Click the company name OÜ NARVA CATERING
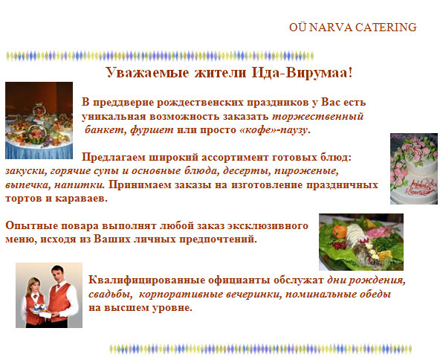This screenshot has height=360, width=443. [352, 28]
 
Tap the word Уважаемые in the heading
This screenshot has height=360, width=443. [147, 73]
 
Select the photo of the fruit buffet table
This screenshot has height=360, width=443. [39, 120]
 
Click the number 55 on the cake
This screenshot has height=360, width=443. [414, 152]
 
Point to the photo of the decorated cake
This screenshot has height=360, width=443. [414, 169]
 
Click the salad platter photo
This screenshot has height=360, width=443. [361, 242]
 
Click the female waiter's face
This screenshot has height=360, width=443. [33, 286]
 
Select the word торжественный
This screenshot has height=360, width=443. [317, 117]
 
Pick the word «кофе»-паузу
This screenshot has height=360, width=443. [274, 130]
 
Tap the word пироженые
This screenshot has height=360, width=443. [306, 171]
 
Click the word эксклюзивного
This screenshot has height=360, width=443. [268, 225]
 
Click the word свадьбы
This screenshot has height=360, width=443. [110, 294]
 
